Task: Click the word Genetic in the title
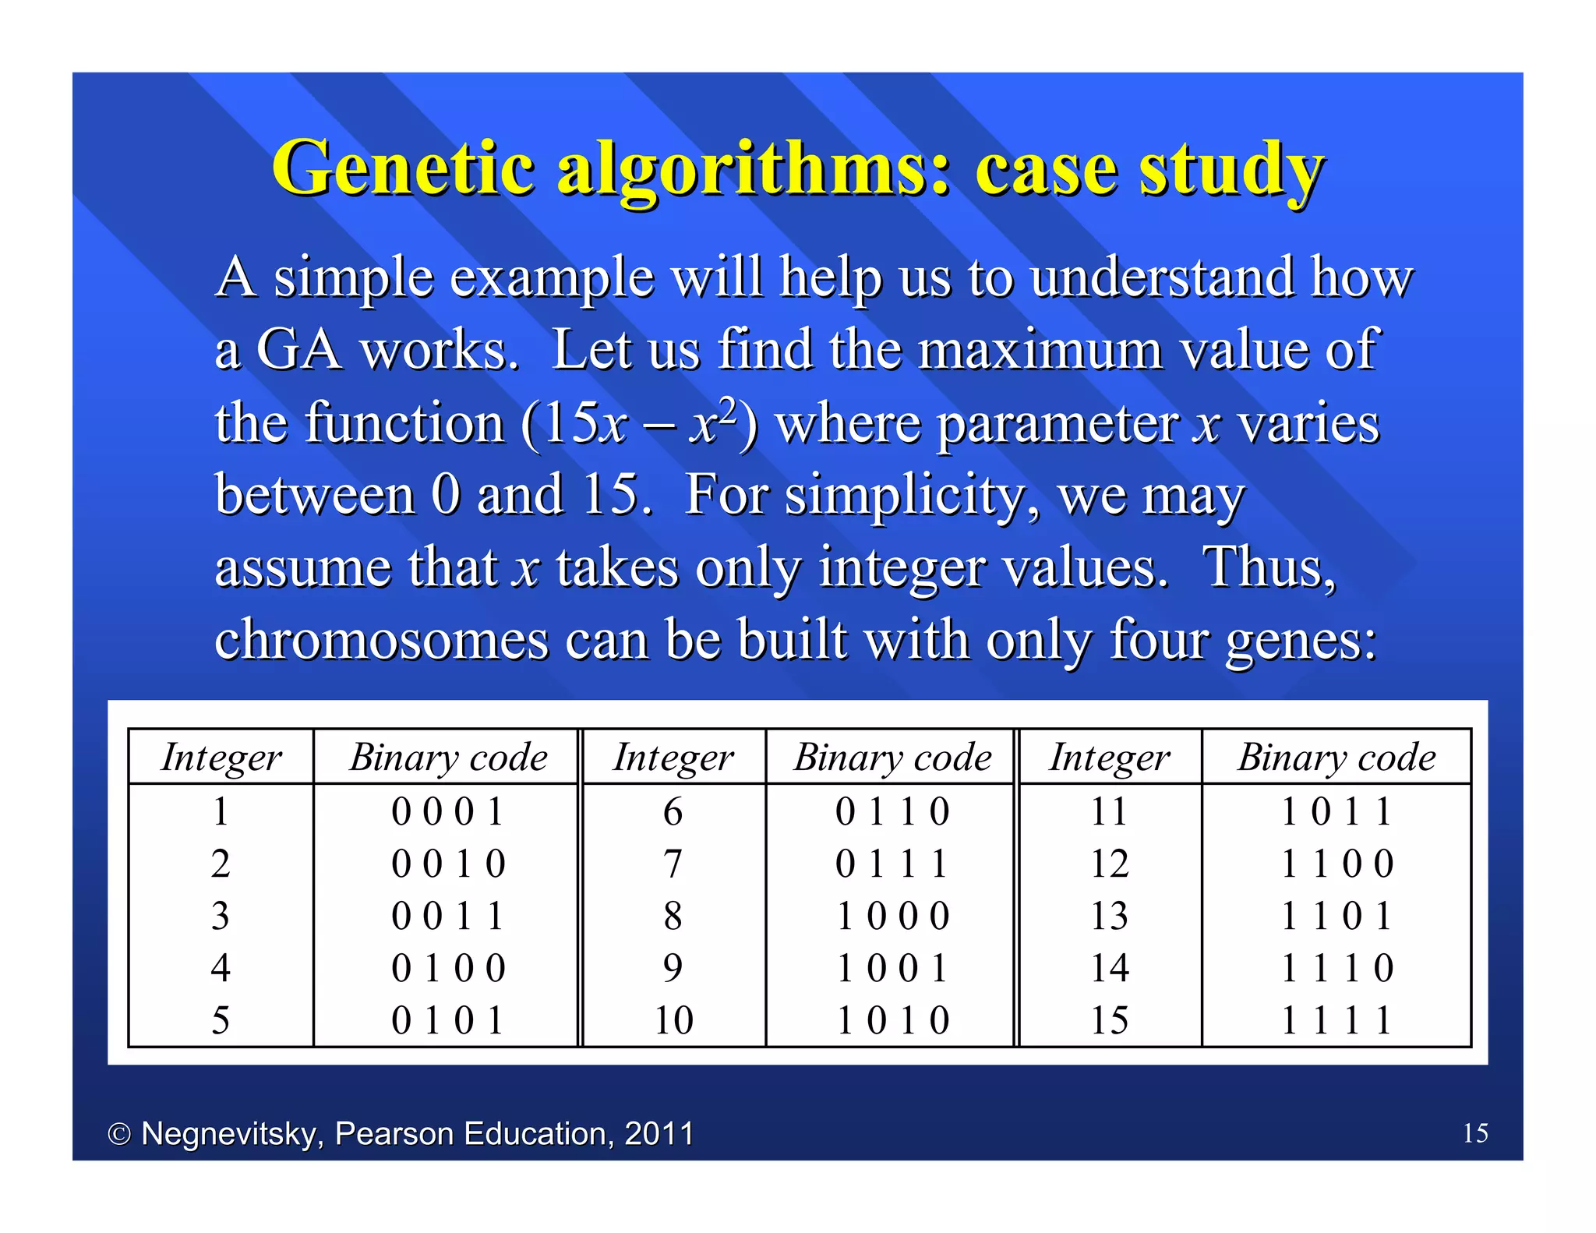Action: coord(403,168)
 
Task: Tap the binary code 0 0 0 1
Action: coord(448,811)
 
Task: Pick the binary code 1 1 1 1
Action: coord(1336,1020)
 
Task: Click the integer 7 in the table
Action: coord(673,864)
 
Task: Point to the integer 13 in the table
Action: coord(1109,916)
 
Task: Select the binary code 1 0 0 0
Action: coord(892,916)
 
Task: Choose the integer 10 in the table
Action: coord(673,1020)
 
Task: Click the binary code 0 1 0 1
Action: coord(448,1020)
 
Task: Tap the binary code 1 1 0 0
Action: coord(1336,864)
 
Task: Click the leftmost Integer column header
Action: coord(221,758)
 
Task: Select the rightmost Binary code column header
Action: coord(1336,758)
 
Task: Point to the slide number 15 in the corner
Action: coord(1475,1132)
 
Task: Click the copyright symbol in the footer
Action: coord(118,1134)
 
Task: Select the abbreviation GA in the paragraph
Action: coord(298,349)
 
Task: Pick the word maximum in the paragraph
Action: coord(1040,349)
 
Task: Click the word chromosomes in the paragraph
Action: coord(382,639)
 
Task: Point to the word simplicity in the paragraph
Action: coord(911,494)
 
